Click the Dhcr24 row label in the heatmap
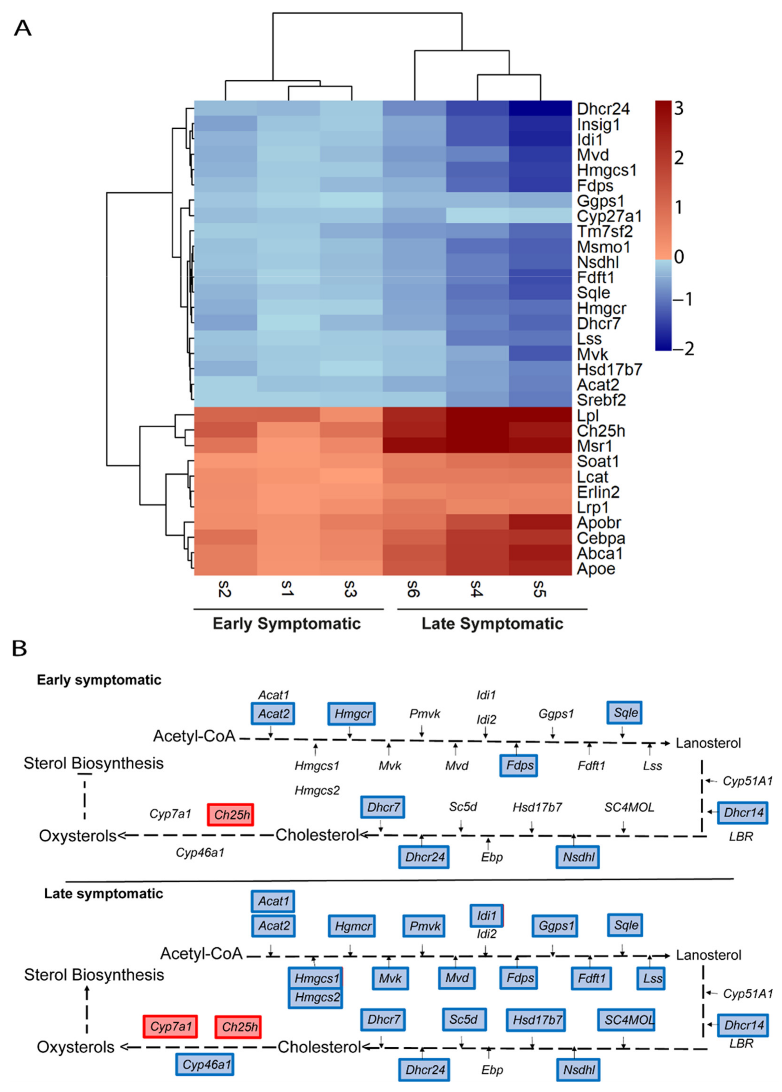[x=603, y=109]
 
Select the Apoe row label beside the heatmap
[x=596, y=569]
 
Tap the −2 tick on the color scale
[x=685, y=348]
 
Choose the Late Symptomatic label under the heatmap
[x=492, y=624]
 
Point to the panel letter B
[x=19, y=649]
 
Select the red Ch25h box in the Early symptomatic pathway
[x=231, y=815]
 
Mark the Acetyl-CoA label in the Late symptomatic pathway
[x=201, y=953]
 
